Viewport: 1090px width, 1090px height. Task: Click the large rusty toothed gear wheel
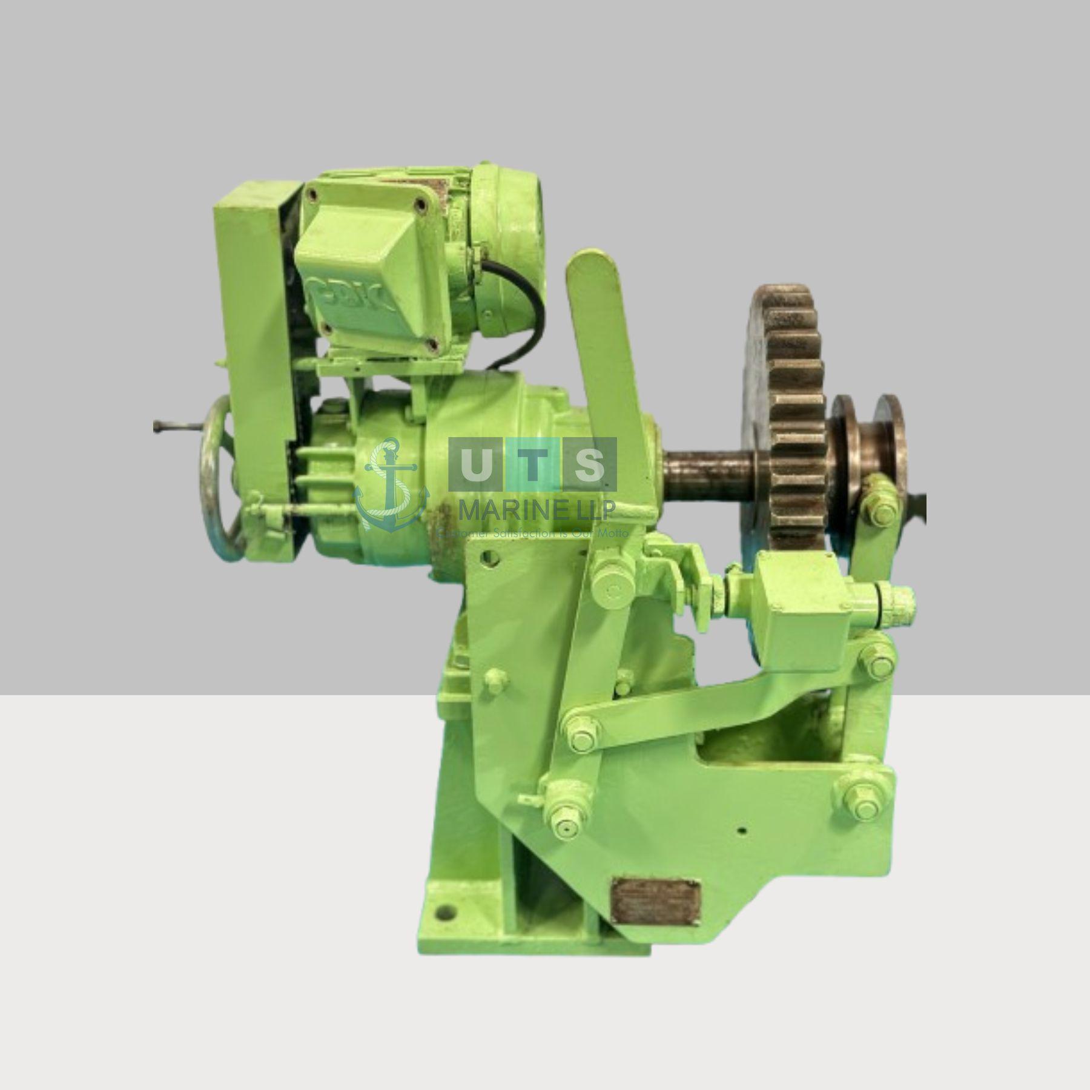(787, 412)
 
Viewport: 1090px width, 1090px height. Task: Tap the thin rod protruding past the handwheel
(173, 427)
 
